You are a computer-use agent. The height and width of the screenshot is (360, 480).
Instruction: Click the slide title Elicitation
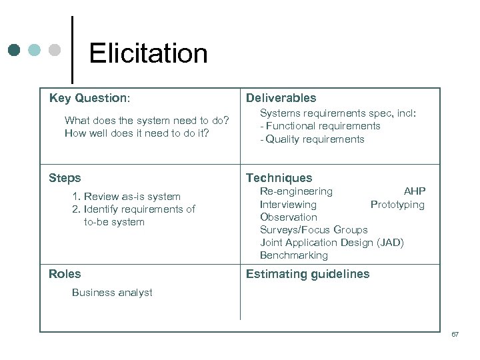[x=148, y=53]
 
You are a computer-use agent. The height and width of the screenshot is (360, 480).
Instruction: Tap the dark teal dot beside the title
[x=15, y=51]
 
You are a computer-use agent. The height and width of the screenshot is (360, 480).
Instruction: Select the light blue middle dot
[x=35, y=51]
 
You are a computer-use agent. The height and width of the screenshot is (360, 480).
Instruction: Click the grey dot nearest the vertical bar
[x=55, y=51]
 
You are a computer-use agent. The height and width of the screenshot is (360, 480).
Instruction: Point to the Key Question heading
[x=89, y=98]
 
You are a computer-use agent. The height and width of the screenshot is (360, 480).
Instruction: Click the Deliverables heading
[x=281, y=98]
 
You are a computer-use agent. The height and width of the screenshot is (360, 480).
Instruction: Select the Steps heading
[x=65, y=178]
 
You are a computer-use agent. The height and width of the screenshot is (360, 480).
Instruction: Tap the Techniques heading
[x=279, y=178]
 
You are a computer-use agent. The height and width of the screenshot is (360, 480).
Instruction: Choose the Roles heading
[x=65, y=274]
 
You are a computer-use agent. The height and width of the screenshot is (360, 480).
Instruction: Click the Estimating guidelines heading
[x=307, y=274]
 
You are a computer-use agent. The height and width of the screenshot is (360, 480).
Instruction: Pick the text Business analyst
[x=112, y=293]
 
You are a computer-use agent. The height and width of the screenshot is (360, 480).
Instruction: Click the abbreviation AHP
[x=414, y=191]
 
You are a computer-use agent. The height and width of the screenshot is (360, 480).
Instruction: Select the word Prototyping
[x=397, y=205]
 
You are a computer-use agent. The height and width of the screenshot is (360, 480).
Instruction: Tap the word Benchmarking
[x=294, y=255]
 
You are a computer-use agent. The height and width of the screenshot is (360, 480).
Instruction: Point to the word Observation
[x=289, y=217]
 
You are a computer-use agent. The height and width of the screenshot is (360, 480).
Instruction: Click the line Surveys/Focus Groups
[x=313, y=230]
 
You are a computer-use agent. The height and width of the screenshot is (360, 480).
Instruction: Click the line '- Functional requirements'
[x=320, y=126]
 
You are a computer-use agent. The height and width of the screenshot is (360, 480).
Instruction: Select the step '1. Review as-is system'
[x=126, y=197]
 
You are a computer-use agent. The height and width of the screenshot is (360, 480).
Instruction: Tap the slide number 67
[x=455, y=335]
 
